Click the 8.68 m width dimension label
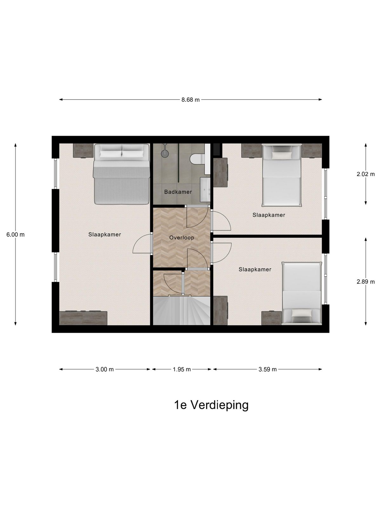pos(190,100)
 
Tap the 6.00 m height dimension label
pos(15,235)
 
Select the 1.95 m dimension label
pos(182,369)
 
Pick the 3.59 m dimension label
pos(267,369)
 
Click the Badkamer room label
pos(178,192)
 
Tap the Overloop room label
pos(181,238)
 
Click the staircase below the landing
pos(181,310)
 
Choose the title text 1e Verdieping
pos(211,405)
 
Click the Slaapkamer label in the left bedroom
pos(104,235)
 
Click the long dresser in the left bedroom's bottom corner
pos(83,318)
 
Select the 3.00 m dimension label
pos(104,369)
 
